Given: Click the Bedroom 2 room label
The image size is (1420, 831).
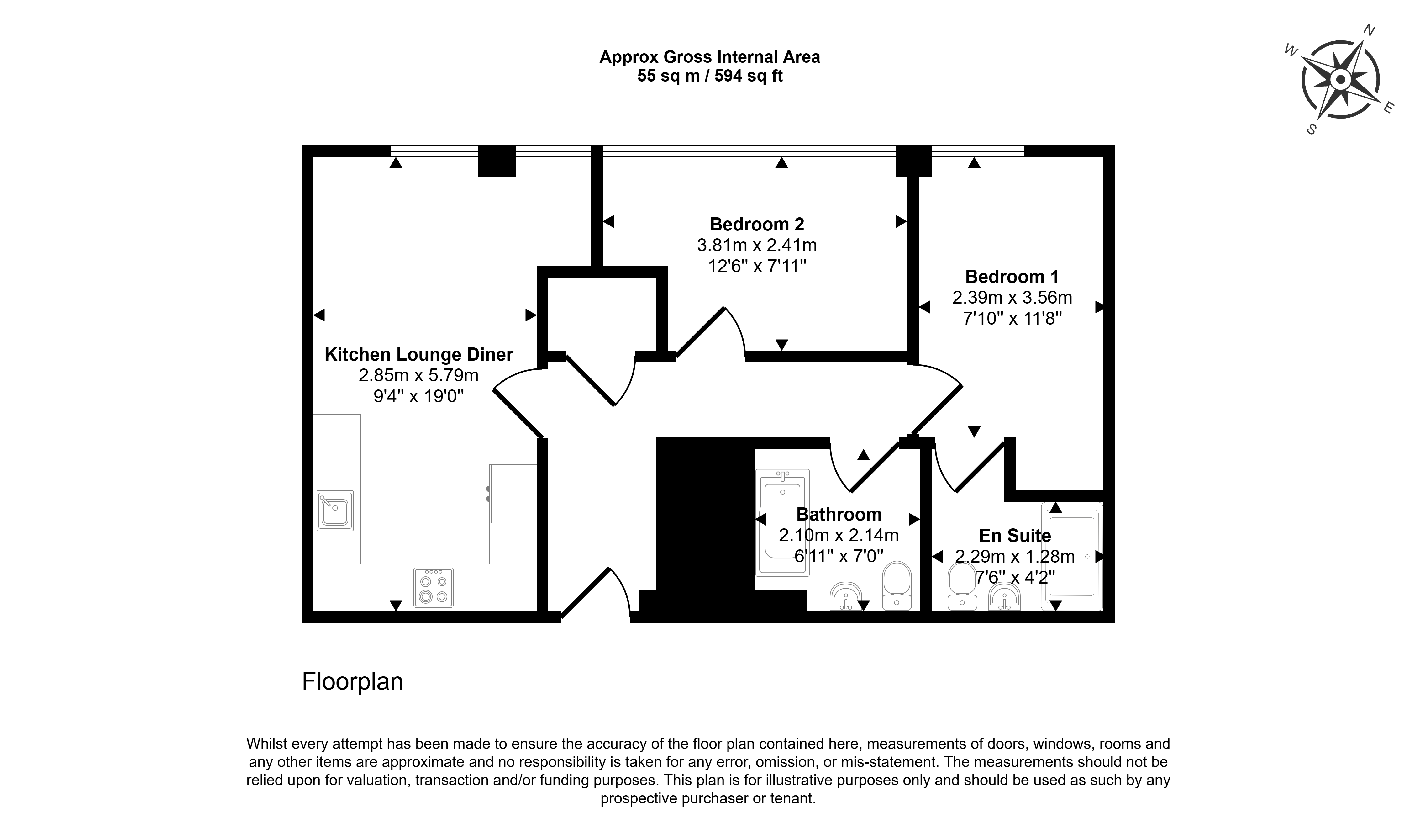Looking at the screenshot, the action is click(x=757, y=225).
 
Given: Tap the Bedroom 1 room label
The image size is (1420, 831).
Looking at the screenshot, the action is click(x=1012, y=277).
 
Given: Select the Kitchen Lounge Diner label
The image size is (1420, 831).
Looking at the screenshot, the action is click(x=419, y=355).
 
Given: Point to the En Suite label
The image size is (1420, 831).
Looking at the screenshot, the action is click(x=1015, y=536).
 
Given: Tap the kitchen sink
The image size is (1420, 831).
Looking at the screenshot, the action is click(x=335, y=510).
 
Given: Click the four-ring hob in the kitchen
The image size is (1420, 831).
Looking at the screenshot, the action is click(x=433, y=587).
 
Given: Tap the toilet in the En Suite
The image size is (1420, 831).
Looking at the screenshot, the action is click(x=962, y=586).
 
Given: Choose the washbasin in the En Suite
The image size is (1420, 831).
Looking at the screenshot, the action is click(x=1004, y=596).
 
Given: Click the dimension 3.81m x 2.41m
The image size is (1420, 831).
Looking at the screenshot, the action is click(x=757, y=245).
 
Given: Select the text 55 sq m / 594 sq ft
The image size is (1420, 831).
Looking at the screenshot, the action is click(x=710, y=76).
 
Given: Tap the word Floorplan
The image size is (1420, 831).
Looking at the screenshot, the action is click(x=353, y=682).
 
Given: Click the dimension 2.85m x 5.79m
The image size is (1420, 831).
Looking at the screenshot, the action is click(x=419, y=375).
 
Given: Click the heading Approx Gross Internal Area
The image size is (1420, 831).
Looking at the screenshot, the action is click(x=710, y=57).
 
